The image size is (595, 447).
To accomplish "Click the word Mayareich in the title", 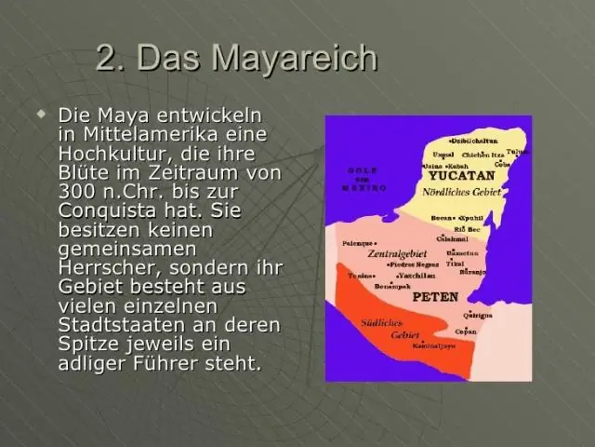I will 296,58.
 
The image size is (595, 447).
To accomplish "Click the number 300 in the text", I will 77,192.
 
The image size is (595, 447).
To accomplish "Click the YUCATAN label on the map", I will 460,175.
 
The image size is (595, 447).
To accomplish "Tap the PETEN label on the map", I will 434,299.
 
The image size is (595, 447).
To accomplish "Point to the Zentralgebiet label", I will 396,253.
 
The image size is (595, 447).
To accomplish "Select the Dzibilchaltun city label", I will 475,141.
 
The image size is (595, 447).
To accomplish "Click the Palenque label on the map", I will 358,242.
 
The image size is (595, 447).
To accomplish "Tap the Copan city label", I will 466,332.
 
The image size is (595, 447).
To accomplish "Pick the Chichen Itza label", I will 483,155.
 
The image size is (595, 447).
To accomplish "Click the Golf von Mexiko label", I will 365,179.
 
